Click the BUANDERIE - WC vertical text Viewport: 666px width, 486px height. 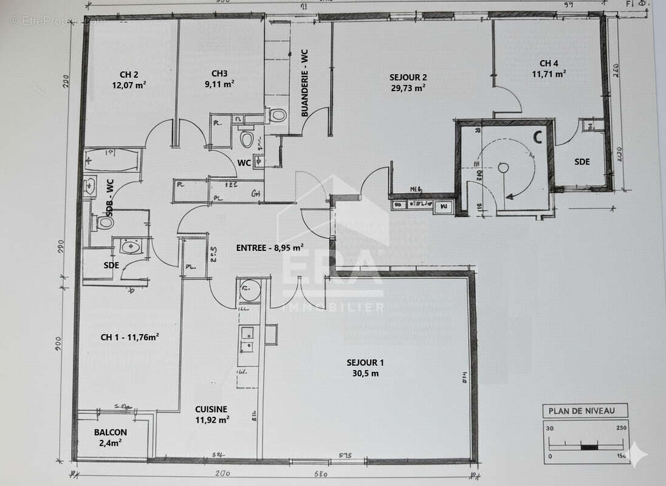coord(305,83)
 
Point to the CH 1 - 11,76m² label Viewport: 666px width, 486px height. coord(129,337)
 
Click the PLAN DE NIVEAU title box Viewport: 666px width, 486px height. coord(582,411)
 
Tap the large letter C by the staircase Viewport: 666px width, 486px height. coord(537,137)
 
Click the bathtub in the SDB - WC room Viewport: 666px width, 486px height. coord(111,160)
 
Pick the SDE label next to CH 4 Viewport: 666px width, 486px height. coord(582,162)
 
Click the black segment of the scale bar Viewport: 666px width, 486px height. coord(589,447)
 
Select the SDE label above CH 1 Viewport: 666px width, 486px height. coord(111,265)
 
